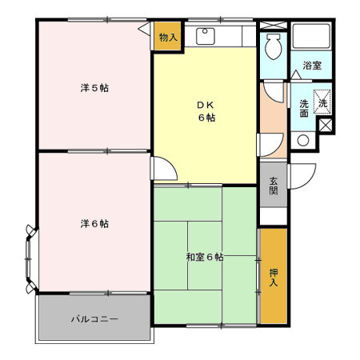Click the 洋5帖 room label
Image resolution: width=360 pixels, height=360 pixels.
coord(94,87)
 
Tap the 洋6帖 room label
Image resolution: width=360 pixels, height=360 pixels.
coord(94,222)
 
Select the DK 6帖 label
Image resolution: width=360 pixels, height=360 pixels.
coord(206,110)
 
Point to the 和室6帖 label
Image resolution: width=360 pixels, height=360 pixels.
coord(204,257)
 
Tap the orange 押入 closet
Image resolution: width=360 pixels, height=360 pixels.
coord(273,276)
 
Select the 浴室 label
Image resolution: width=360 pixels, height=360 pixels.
coord(312,66)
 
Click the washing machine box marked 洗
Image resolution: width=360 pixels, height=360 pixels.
coord(323,102)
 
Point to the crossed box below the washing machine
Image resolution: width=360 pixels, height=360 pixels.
coord(325,126)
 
